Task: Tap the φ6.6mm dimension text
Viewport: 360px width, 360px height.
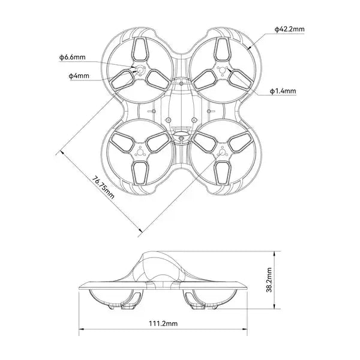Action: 72,57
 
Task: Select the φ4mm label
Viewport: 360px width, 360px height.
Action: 78,76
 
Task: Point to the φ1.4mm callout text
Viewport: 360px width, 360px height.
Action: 283,91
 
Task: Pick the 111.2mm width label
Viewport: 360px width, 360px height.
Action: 163,323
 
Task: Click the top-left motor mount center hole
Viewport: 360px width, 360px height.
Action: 141,70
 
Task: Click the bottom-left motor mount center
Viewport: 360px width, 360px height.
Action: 141,152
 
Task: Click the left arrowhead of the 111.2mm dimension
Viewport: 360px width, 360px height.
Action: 81,329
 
